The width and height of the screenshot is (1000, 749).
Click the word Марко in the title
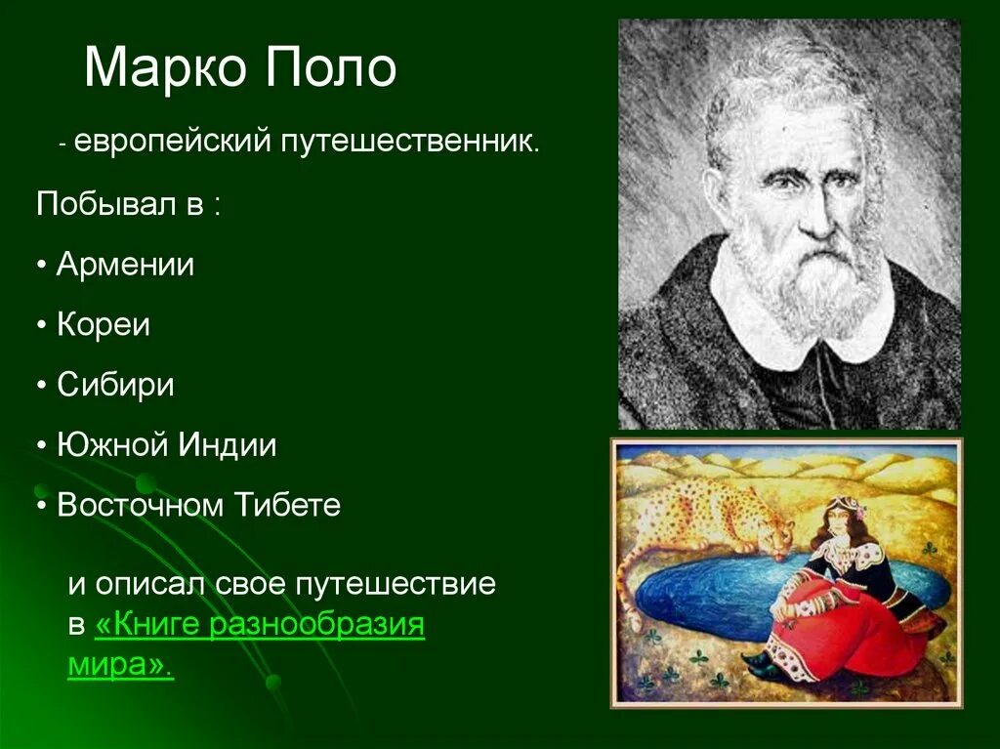(164, 67)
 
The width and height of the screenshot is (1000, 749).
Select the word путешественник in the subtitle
(411, 141)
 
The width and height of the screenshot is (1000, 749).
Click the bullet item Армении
(125, 264)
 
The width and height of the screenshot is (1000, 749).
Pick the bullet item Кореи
(104, 324)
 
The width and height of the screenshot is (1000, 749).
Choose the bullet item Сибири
(115, 384)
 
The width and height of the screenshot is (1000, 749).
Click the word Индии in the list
(227, 444)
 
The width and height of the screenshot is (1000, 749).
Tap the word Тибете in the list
(288, 504)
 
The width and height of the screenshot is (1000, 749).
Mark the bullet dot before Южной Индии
(42, 445)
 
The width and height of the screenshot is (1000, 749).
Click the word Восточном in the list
(143, 504)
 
